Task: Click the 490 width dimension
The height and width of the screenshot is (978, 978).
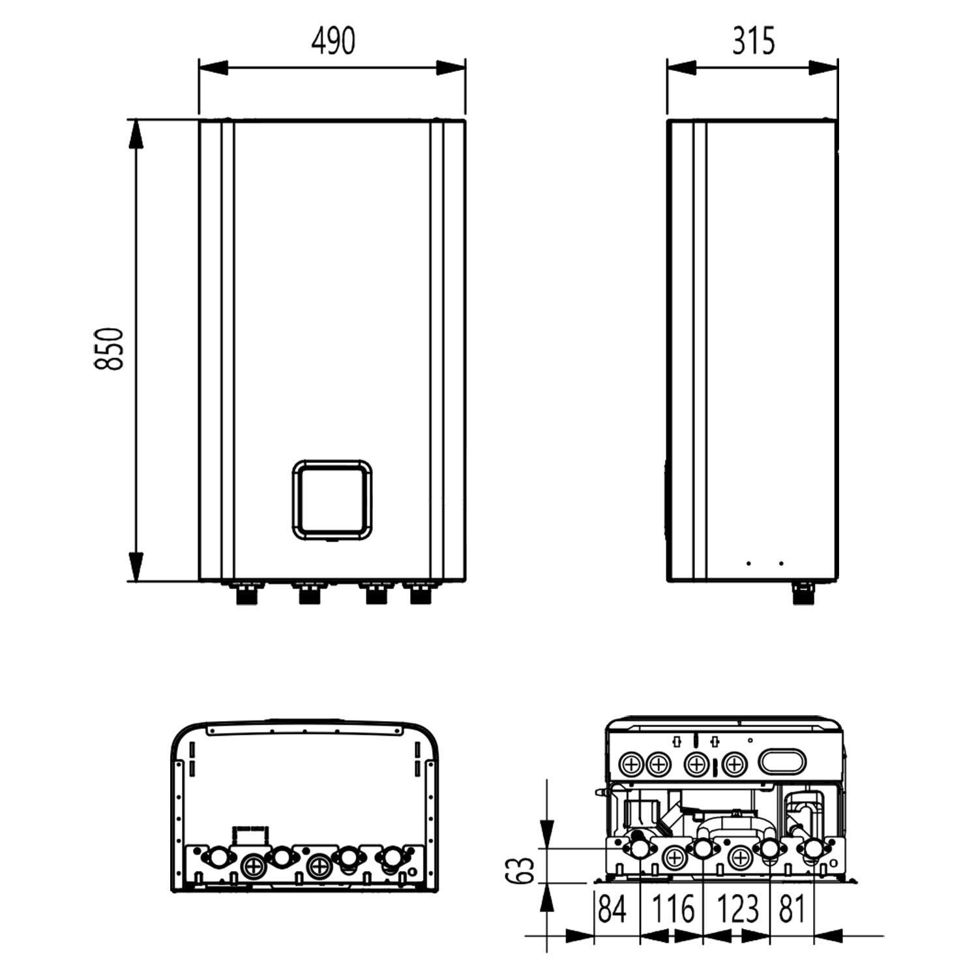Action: pos(333,41)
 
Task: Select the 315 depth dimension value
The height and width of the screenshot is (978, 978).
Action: pos(753,41)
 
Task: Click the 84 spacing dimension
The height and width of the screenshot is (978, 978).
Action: pos(612,909)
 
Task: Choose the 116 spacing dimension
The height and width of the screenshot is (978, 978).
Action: pos(673,909)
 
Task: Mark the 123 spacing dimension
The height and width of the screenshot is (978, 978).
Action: pos(738,909)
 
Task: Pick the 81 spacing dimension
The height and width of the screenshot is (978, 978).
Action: pos(792,909)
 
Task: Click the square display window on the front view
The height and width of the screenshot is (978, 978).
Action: pos(332,500)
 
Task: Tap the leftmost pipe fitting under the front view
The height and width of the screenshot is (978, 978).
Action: pos(246,594)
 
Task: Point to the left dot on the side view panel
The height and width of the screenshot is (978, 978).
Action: pos(748,563)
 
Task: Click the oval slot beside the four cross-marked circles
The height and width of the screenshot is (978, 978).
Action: pos(782,762)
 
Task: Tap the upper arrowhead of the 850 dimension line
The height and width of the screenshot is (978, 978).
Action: pos(136,134)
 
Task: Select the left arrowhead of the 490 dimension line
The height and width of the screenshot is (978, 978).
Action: pos(213,68)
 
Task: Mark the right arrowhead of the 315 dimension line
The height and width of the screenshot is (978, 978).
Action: pos(823,68)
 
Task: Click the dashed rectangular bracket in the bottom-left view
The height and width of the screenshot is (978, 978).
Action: pos(250,835)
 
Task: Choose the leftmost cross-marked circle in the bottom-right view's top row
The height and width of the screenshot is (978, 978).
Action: pos(630,763)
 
